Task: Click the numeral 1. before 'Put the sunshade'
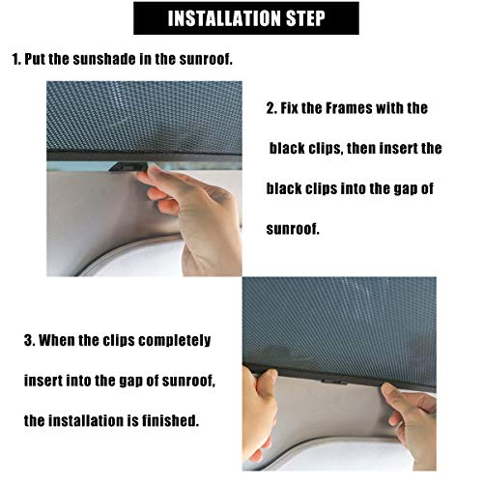[x=16, y=59]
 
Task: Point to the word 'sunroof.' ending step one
[x=206, y=59]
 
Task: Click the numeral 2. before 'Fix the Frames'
[x=271, y=108]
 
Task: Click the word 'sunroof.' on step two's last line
[x=293, y=229]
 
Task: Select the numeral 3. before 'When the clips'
[x=29, y=340]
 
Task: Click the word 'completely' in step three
[x=175, y=341]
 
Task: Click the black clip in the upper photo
[x=128, y=167]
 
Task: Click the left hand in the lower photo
[x=259, y=415]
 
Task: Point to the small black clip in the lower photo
[x=335, y=382]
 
